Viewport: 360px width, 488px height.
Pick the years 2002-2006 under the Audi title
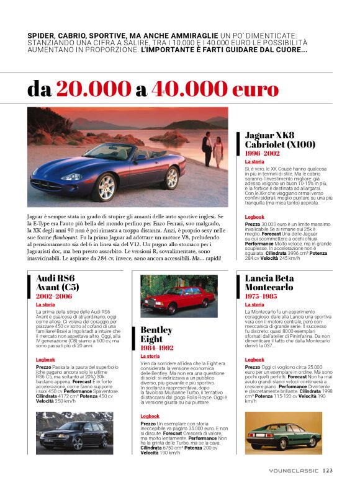point(54,296)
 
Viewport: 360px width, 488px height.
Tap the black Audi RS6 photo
point(74,432)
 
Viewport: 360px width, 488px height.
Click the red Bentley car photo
point(179,296)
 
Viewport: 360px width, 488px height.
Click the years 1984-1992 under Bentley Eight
point(158,348)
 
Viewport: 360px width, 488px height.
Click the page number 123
point(328,470)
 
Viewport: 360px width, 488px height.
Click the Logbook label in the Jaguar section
point(254,217)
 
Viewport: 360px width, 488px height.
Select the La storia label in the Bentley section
point(150,357)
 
